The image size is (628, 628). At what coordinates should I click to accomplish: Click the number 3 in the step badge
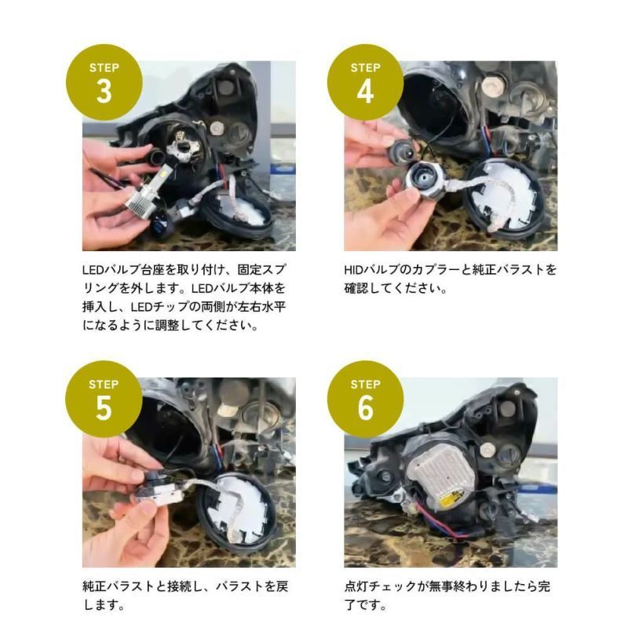point(104,90)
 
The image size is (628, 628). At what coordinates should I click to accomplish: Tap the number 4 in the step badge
point(365,90)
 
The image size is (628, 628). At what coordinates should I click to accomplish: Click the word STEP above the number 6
point(365,385)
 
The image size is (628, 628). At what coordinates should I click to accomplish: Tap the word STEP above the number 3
point(104,67)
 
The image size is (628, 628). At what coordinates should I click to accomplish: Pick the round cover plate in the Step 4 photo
point(502,196)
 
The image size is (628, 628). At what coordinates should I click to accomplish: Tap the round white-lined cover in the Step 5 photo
point(239,510)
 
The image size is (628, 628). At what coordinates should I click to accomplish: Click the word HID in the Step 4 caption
point(355,270)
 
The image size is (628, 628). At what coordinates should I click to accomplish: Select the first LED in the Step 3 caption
point(92,270)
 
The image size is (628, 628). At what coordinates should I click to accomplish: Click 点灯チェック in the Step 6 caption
point(381,587)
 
